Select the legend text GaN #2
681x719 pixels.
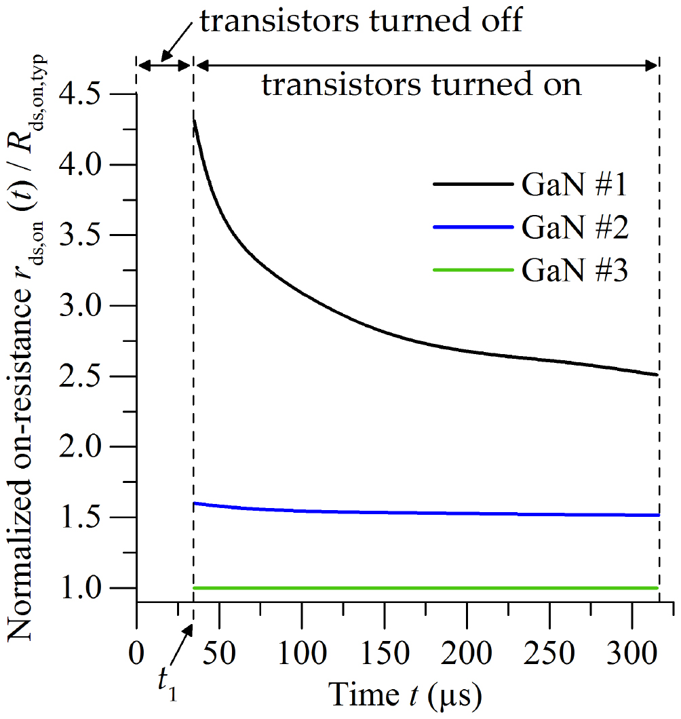tap(575, 228)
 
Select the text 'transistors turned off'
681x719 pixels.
tap(361, 22)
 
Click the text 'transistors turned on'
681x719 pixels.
tap(422, 85)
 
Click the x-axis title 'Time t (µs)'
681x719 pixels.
tap(406, 695)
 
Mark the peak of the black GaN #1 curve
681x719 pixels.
tap(195, 121)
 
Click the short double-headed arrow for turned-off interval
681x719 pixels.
tap(165, 65)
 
